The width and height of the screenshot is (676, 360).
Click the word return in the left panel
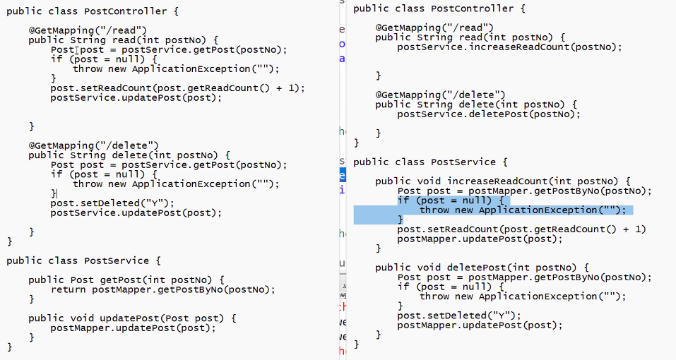(x=69, y=289)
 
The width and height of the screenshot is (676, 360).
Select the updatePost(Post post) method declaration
(x=132, y=318)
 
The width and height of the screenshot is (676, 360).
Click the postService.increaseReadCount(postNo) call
(x=509, y=47)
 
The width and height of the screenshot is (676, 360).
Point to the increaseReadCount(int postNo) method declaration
(x=503, y=181)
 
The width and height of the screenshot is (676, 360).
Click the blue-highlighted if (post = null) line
(x=450, y=200)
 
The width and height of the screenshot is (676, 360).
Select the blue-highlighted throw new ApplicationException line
(x=522, y=210)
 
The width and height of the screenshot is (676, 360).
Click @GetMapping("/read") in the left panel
(x=87, y=30)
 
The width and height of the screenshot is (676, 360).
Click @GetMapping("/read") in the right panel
(x=434, y=28)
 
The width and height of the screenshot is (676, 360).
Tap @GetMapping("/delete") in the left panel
(x=93, y=145)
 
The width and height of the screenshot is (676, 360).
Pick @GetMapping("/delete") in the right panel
(x=440, y=95)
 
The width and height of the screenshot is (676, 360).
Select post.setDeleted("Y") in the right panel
(x=459, y=316)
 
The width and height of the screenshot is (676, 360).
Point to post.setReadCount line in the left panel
(x=177, y=88)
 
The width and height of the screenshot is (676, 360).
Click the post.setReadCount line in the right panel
(x=521, y=229)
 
